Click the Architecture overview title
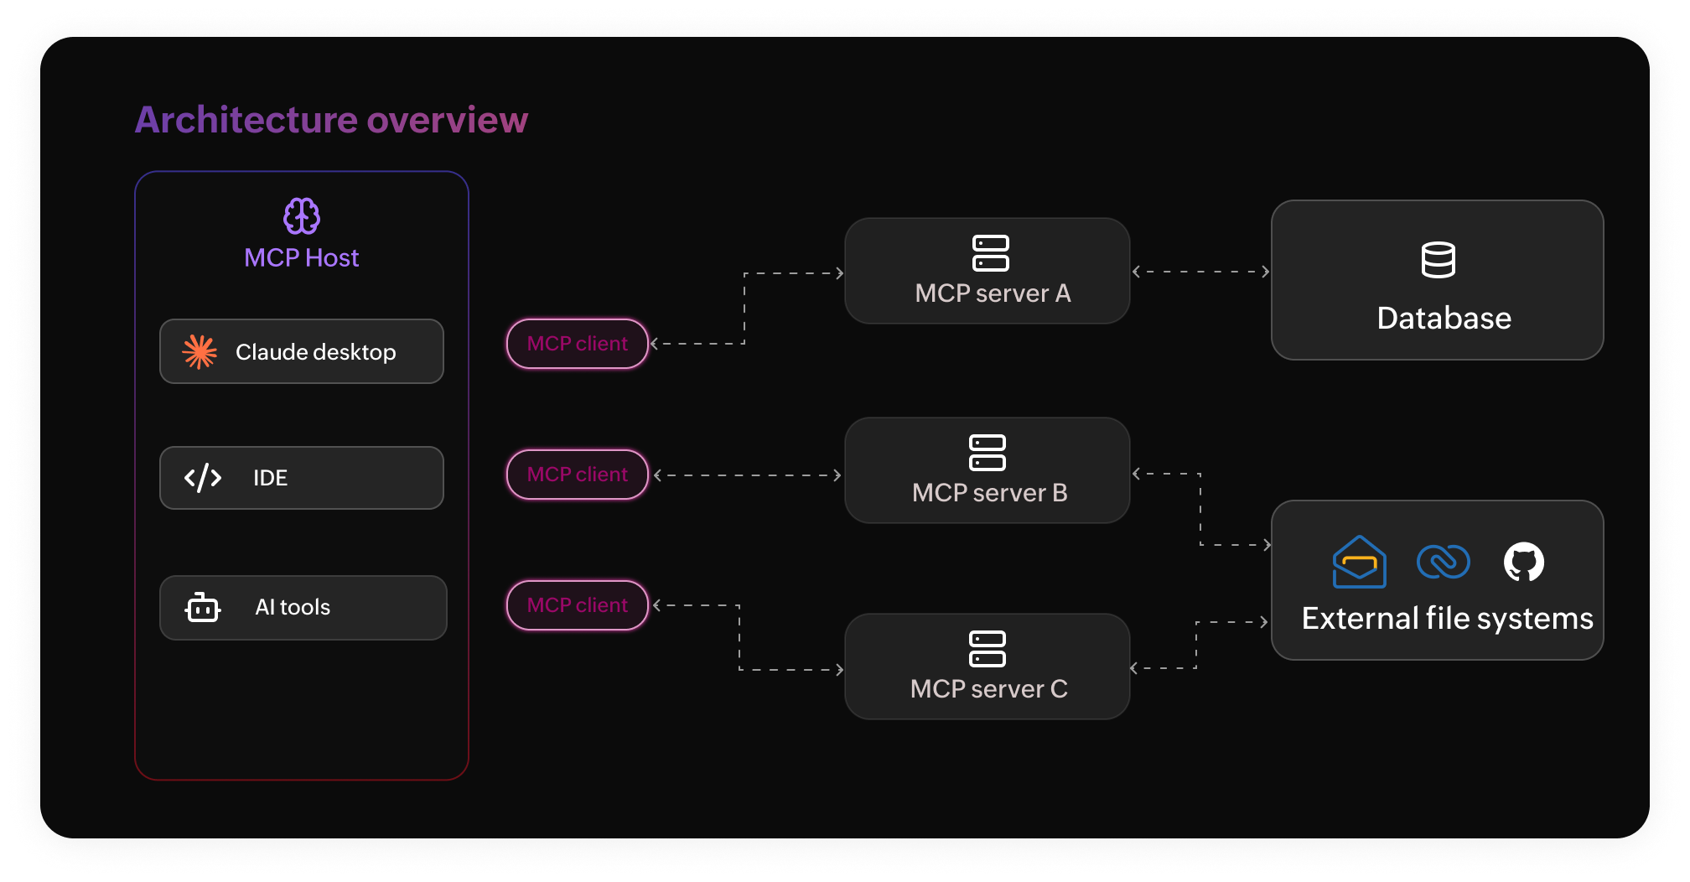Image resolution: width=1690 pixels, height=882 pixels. pyautogui.click(x=331, y=120)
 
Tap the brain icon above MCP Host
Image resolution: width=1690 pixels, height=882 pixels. pyautogui.click(x=302, y=216)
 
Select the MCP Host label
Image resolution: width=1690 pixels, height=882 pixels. pyautogui.click(x=302, y=257)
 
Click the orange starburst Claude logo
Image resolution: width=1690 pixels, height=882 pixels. pyautogui.click(x=200, y=352)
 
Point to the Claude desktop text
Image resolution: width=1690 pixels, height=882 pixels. pyautogui.click(x=315, y=352)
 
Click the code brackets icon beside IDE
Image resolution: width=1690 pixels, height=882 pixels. pyautogui.click(x=203, y=478)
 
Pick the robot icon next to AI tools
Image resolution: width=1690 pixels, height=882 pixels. pyautogui.click(x=202, y=608)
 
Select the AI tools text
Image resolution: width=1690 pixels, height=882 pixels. pyautogui.click(x=293, y=607)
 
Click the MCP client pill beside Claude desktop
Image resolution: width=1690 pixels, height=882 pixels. pyautogui.click(x=578, y=344)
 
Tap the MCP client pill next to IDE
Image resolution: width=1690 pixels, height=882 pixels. pyautogui.click(x=578, y=475)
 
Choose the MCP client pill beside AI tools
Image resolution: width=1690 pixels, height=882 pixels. pyautogui.click(x=578, y=605)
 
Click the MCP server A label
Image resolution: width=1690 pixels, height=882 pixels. pyautogui.click(x=993, y=293)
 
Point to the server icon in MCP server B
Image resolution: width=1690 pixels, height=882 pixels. pyautogui.click(x=988, y=453)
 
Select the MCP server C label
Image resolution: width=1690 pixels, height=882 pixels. pyautogui.click(x=989, y=689)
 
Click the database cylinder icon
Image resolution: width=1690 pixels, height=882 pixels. pyautogui.click(x=1439, y=260)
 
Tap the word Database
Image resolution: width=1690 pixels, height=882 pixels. pyautogui.click(x=1444, y=319)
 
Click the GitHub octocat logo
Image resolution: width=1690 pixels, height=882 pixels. pyautogui.click(x=1524, y=562)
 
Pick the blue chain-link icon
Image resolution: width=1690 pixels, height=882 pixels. pyautogui.click(x=1443, y=562)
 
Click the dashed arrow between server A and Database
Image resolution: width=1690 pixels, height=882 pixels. pyautogui.click(x=1200, y=272)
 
